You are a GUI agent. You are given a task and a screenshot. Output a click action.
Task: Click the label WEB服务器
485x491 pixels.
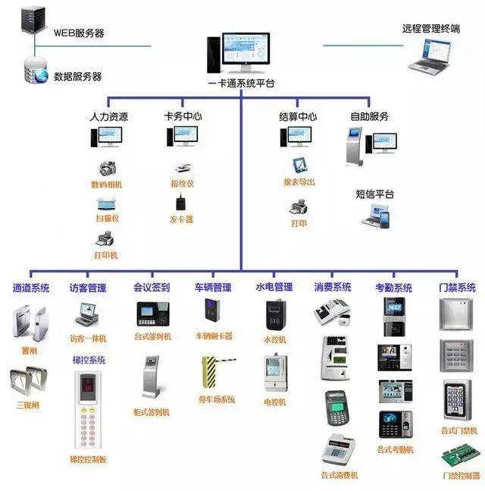coord(79,33)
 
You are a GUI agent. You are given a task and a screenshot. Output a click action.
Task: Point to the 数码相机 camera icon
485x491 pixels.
coord(108,168)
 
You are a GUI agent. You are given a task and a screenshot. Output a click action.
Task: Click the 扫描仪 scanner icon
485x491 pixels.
coord(106,203)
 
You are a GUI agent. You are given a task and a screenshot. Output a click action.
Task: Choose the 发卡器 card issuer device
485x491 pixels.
coord(181,203)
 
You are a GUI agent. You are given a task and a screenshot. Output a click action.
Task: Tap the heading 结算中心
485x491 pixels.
coord(298,118)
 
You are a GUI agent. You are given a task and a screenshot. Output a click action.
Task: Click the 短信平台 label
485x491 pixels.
coord(374,194)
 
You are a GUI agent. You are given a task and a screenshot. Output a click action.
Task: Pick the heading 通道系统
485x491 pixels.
coord(31,288)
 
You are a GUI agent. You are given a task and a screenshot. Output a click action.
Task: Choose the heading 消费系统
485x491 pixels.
coord(333,288)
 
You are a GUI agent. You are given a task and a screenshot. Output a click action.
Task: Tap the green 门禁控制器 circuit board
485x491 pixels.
coord(460,459)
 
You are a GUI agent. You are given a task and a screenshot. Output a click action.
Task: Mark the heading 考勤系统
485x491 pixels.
coord(394,288)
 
